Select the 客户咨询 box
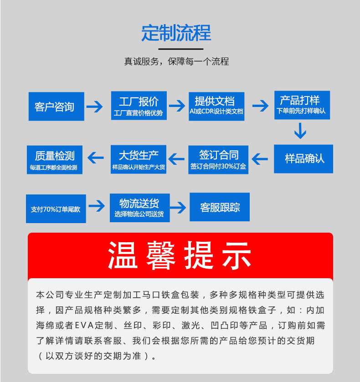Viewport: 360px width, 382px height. tap(56, 107)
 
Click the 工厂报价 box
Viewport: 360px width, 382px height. tap(139, 106)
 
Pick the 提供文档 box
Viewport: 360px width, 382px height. tap(216, 106)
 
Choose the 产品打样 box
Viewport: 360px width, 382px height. tap(302, 105)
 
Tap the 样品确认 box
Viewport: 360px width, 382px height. tap(303, 158)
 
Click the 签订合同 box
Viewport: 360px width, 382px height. tap(218, 159)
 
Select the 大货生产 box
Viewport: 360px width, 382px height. tap(139, 159)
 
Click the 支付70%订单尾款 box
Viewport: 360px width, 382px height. tap(56, 209)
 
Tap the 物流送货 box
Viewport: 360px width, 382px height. tap(139, 208)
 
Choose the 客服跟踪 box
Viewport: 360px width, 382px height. tap(219, 208)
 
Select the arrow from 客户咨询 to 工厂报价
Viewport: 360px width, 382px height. tap(95, 107)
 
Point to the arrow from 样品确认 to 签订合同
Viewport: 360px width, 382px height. tap(260, 159)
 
